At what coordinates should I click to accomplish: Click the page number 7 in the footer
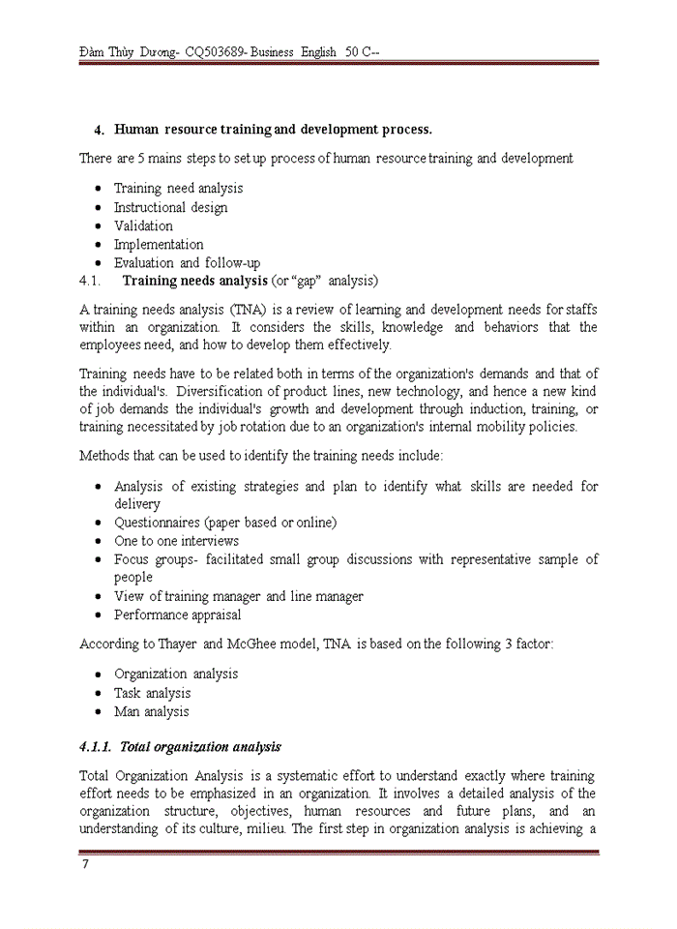tap(84, 864)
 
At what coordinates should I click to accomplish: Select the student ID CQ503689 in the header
tap(215, 51)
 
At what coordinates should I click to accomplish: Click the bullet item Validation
tap(143, 225)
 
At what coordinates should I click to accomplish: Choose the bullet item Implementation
tap(159, 244)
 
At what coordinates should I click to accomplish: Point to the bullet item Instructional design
tap(170, 207)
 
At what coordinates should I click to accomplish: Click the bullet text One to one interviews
tap(176, 541)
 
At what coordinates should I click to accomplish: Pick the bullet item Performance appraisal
tap(177, 614)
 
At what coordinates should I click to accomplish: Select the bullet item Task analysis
tap(152, 693)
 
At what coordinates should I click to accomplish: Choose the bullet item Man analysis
tap(151, 711)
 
